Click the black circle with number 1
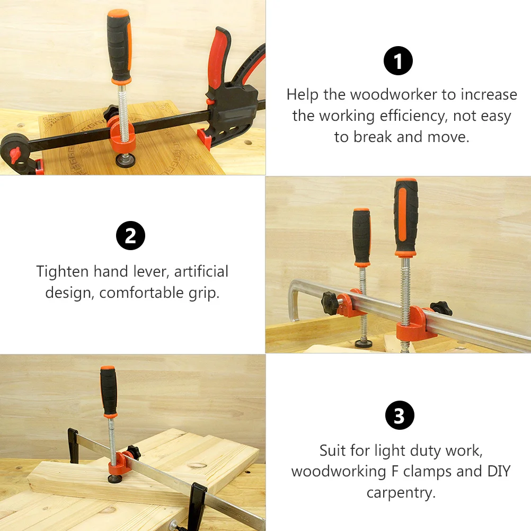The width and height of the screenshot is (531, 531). tap(398, 60)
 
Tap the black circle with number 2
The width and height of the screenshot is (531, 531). tap(130, 236)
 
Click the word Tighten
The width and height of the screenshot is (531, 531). tap(63, 272)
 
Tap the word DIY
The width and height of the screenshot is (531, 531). tap(495, 471)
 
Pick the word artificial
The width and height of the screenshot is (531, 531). tap(201, 272)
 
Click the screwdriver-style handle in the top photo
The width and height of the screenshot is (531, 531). tap(119, 45)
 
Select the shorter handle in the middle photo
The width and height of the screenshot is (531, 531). tap(362, 236)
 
